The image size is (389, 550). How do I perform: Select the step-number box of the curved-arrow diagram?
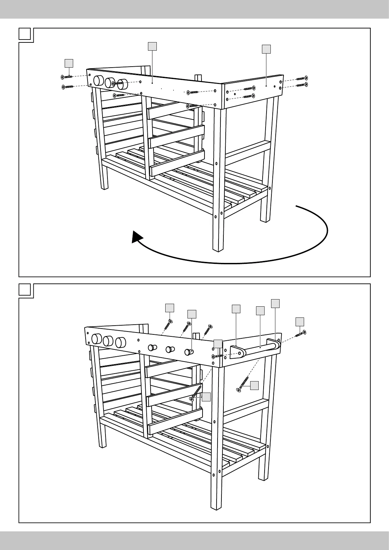pyautogui.click(x=24, y=34)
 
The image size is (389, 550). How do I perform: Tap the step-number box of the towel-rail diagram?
pyautogui.click(x=24, y=290)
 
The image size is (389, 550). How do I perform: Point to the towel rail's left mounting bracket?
pyautogui.click(x=238, y=353)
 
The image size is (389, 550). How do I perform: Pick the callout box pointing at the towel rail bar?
pyautogui.click(x=260, y=310)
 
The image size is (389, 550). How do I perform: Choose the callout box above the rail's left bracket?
pyautogui.click(x=236, y=309)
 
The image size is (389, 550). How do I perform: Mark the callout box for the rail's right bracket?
pyautogui.click(x=275, y=303)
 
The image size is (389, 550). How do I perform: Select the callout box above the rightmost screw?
pyautogui.click(x=300, y=321)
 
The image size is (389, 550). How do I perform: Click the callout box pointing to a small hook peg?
pyautogui.click(x=192, y=314)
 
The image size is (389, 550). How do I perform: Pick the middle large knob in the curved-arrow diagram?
pyautogui.click(x=110, y=82)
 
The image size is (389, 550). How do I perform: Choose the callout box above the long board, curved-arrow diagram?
pyautogui.click(x=152, y=46)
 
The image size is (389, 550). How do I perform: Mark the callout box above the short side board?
pyautogui.click(x=267, y=49)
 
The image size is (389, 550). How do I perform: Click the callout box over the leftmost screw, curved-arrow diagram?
pyautogui.click(x=69, y=63)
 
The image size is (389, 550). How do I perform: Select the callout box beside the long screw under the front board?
pyautogui.click(x=206, y=397)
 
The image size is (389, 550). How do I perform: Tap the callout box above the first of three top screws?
pyautogui.click(x=170, y=308)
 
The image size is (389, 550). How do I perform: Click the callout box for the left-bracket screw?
pyautogui.click(x=218, y=344)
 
